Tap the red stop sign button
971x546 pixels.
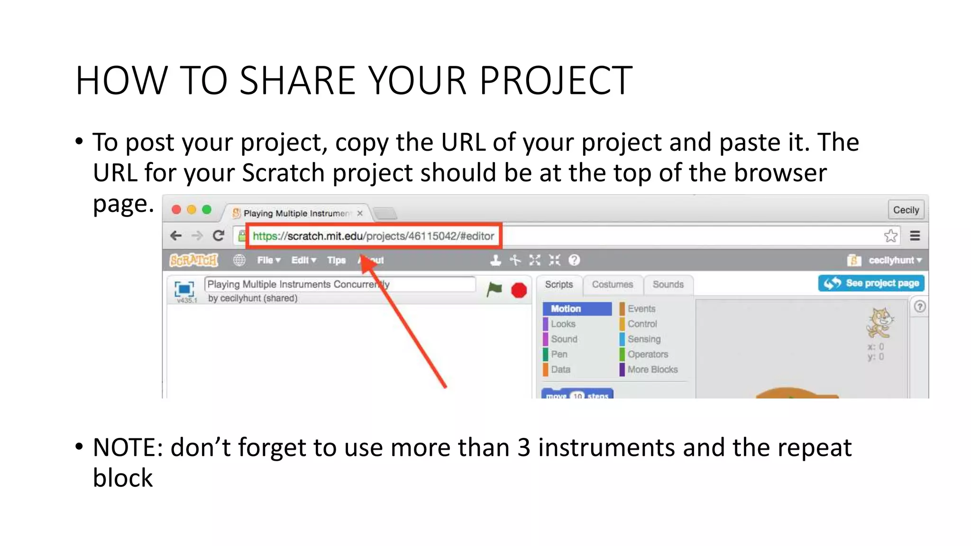[x=519, y=290]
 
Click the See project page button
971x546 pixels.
[x=871, y=283]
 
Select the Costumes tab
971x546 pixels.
[x=612, y=284]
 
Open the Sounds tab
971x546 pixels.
[x=668, y=284]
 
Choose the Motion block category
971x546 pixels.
[x=577, y=309]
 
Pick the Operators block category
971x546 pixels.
[x=647, y=354]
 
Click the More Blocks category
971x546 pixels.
[x=652, y=369]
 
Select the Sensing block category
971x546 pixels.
[x=643, y=339]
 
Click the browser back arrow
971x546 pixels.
[x=176, y=236]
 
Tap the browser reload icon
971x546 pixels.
[x=218, y=236]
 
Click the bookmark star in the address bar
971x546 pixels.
[x=890, y=236]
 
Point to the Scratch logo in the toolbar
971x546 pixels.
[x=194, y=260]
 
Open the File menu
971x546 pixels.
[x=268, y=260]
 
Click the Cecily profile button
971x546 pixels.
[x=906, y=210]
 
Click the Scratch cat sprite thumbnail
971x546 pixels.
[x=879, y=322]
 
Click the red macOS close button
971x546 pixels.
[x=176, y=209]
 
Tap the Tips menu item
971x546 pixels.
[x=336, y=260]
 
